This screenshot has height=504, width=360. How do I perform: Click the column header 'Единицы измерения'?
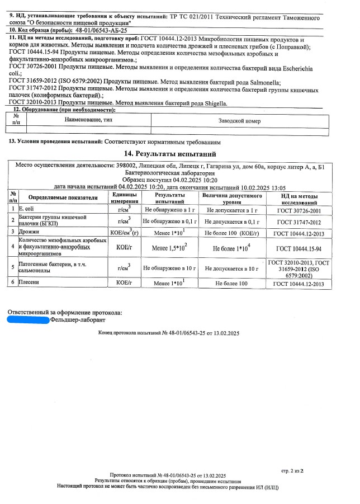[125, 197]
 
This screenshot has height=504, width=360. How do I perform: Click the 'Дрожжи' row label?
[30, 232]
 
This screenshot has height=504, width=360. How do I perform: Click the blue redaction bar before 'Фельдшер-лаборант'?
[28, 320]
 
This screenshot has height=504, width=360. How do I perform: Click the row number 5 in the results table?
[12, 269]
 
